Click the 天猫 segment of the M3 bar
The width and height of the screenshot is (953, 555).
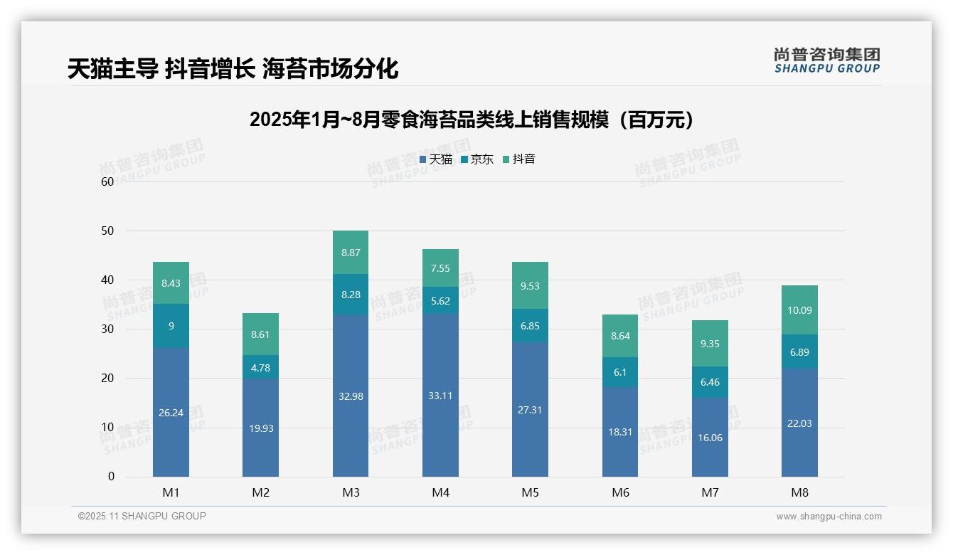pyautogui.click(x=351, y=396)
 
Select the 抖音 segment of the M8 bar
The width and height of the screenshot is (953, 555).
pyautogui.click(x=799, y=310)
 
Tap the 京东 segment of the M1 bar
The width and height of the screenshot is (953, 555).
pyautogui.click(x=171, y=326)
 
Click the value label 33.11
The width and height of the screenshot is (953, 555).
pyautogui.click(x=440, y=396)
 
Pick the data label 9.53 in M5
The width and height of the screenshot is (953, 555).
pyautogui.click(x=530, y=286)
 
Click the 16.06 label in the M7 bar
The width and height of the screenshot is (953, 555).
pyautogui.click(x=710, y=438)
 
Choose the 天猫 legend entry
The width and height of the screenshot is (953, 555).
pyautogui.click(x=436, y=159)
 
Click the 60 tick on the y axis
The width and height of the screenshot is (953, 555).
pyautogui.click(x=107, y=181)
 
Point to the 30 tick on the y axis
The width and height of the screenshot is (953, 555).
pyautogui.click(x=107, y=329)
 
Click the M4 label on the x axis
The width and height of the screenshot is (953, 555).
pyautogui.click(x=440, y=492)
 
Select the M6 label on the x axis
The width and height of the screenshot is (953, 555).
pyautogui.click(x=620, y=492)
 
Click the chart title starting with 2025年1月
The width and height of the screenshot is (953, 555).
pyautogui.click(x=472, y=120)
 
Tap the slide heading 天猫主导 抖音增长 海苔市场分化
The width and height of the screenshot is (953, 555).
pyautogui.click(x=233, y=68)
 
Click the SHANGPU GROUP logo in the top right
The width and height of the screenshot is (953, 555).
pyautogui.click(x=826, y=60)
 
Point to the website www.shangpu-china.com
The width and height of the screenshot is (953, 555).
pyautogui.click(x=829, y=517)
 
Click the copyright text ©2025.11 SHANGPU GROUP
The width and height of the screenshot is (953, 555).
pyautogui.click(x=142, y=517)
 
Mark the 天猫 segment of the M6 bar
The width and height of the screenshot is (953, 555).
pyautogui.click(x=620, y=432)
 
